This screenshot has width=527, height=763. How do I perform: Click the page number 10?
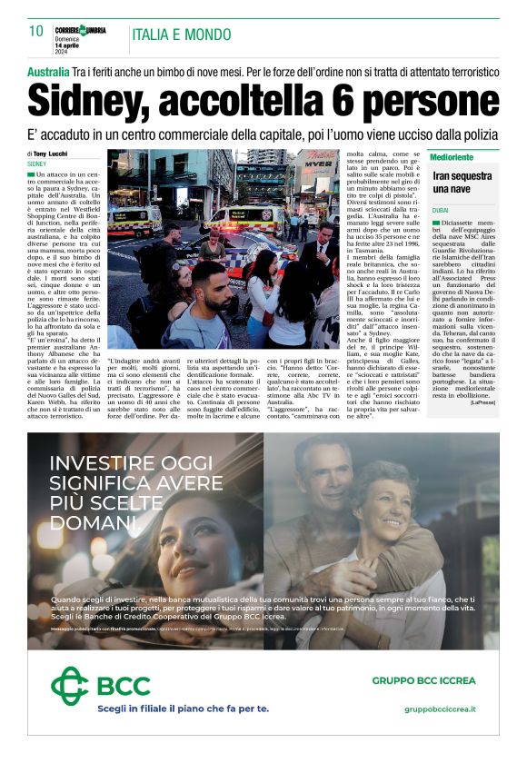coord(35,32)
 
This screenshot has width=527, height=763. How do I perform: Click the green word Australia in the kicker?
coord(48,71)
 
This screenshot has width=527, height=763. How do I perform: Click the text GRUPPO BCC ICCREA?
coord(424,679)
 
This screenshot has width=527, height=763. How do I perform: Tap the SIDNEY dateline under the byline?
coord(36,163)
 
